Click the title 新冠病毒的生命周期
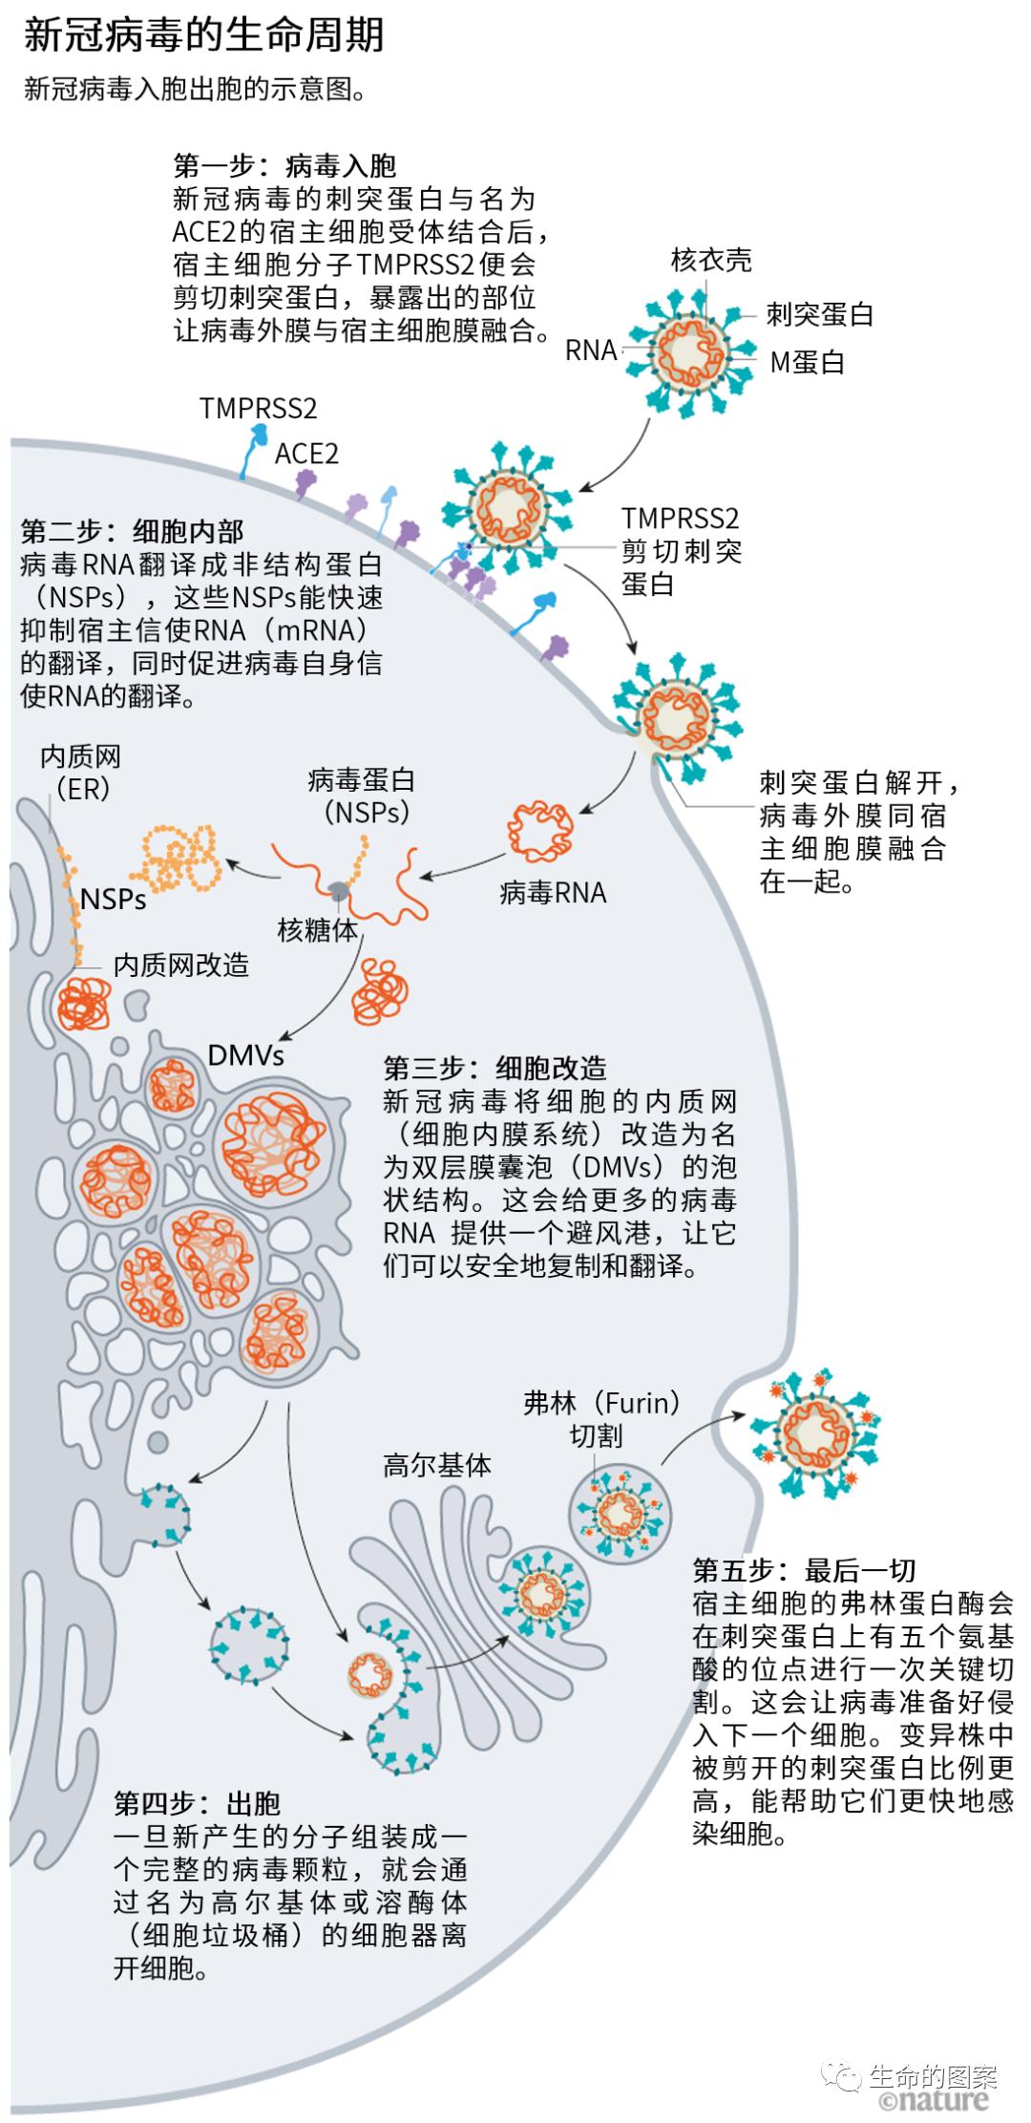tap(203, 36)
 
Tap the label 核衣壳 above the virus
tap(710, 260)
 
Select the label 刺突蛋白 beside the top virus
tap(819, 313)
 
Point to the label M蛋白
tap(807, 363)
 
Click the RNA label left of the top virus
tap(591, 350)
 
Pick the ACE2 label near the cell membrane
tap(306, 453)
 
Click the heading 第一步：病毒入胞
tap(284, 166)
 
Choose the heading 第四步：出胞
tap(197, 1803)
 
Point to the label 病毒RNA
tap(553, 893)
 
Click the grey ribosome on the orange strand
tap(339, 890)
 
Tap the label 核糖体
tap(317, 929)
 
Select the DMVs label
tap(246, 1055)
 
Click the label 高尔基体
tap(437, 1465)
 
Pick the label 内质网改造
tap(180, 965)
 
